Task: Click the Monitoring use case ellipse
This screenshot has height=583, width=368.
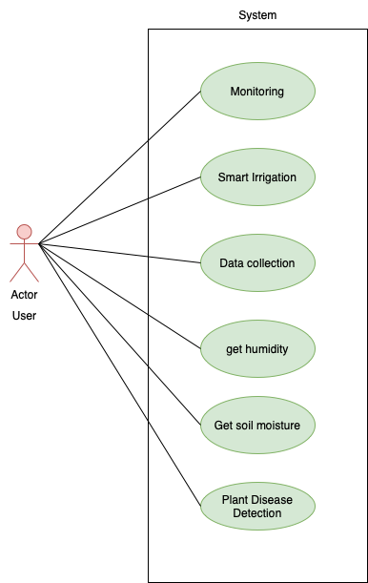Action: click(x=257, y=92)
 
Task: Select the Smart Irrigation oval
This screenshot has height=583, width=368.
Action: click(x=257, y=177)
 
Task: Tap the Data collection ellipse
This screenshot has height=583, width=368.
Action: click(x=257, y=263)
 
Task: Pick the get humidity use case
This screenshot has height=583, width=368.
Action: click(x=257, y=348)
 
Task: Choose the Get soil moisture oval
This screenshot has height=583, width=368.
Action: click(x=257, y=425)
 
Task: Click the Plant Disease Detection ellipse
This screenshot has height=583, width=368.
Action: click(x=257, y=507)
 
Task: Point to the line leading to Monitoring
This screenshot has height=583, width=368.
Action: click(x=174, y=116)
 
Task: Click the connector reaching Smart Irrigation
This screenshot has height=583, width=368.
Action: click(x=174, y=187)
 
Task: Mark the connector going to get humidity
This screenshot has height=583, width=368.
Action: click(x=174, y=331)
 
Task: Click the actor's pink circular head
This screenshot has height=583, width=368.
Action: click(x=25, y=232)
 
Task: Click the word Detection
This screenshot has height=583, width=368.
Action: click(x=257, y=514)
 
